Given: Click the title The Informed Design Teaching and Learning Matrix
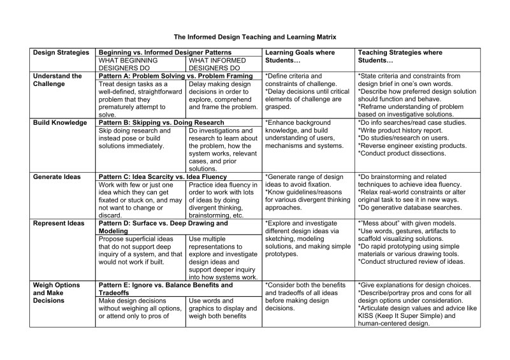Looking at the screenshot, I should tap(255, 37).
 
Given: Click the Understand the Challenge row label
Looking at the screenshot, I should tap(57, 80).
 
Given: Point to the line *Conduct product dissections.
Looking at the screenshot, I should tap(400, 153).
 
